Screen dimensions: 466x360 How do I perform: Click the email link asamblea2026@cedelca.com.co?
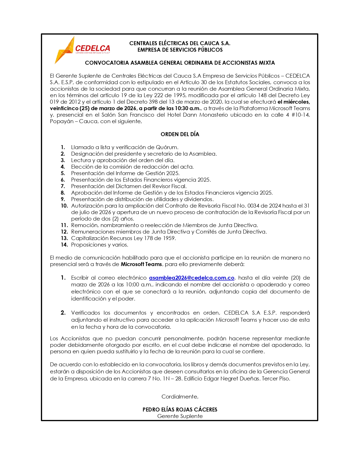(191, 278)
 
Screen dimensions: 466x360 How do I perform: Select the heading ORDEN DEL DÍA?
(180, 134)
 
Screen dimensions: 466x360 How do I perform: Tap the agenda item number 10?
(64, 206)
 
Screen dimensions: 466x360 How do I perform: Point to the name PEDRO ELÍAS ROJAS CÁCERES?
(180, 410)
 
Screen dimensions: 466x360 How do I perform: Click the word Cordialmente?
(180, 397)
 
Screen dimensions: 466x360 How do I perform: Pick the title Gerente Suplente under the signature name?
(180, 416)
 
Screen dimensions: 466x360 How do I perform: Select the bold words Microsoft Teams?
(141, 264)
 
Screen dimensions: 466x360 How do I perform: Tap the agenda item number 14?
(64, 245)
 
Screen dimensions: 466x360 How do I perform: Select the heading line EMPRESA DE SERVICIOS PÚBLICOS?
(180, 50)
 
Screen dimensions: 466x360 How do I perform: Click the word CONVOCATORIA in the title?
(107, 63)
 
